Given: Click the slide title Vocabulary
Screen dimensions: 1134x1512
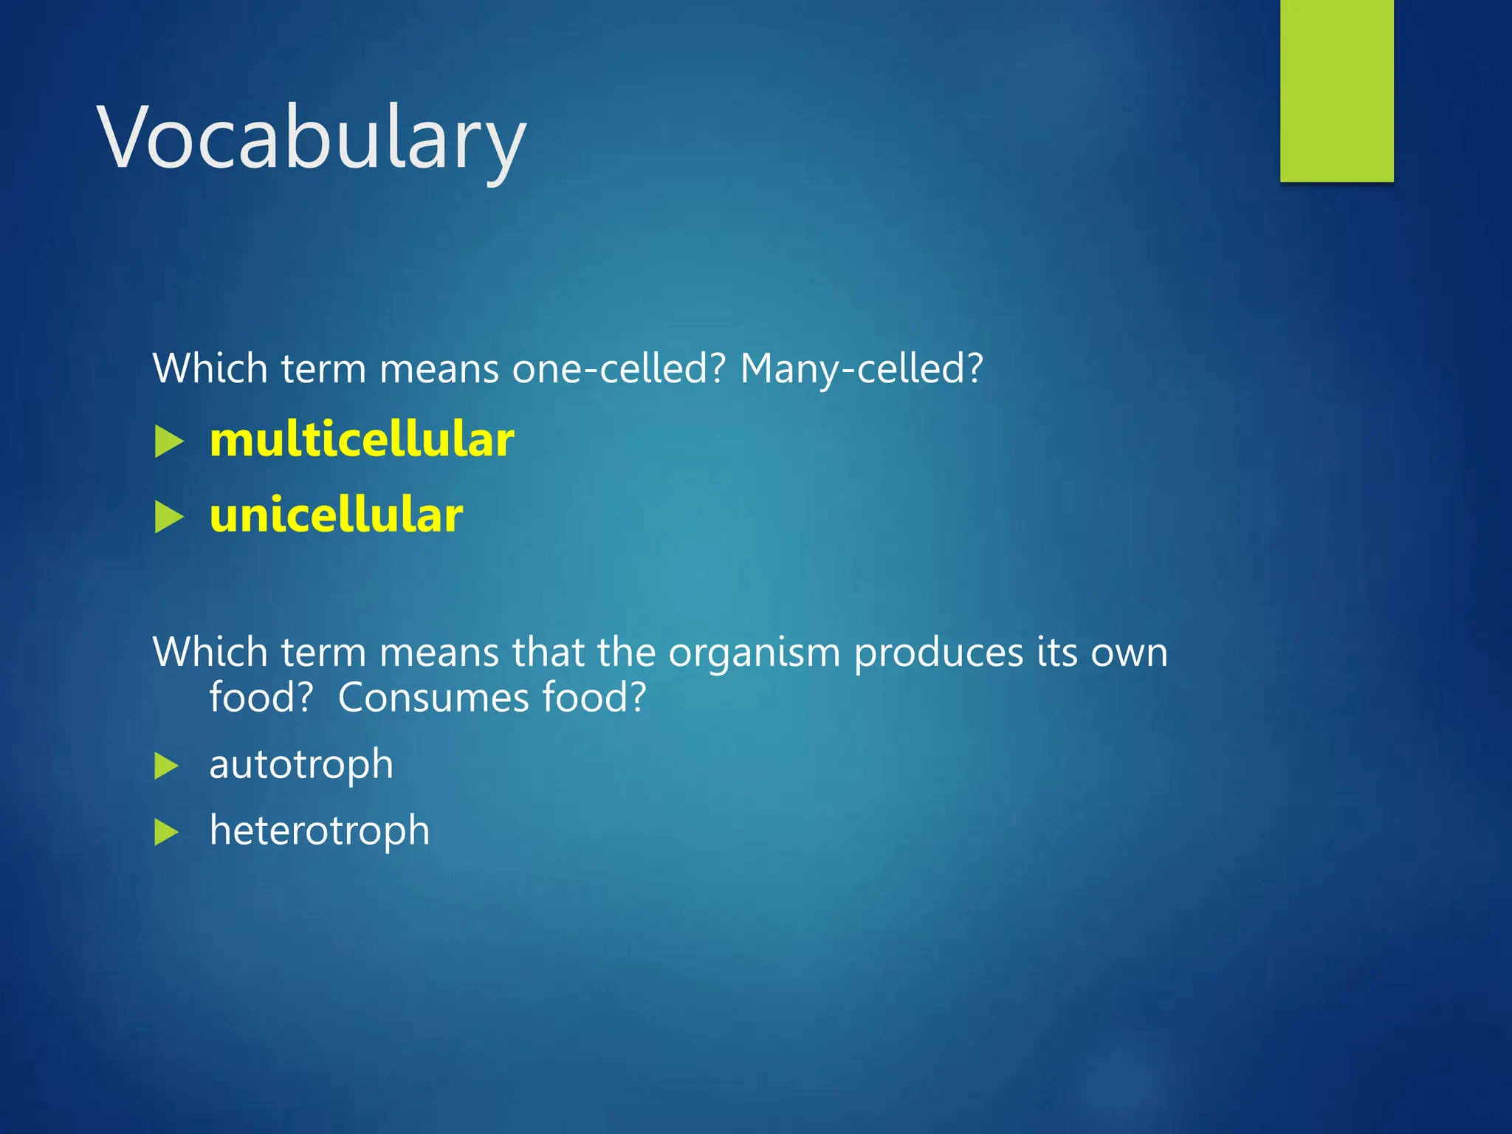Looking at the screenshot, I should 311,138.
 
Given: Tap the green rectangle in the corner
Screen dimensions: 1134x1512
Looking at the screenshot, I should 1336,90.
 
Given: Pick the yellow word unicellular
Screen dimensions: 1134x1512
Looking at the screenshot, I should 336,515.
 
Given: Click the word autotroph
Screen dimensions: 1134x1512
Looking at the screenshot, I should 301,764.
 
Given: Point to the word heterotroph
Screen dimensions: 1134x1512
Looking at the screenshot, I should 319,831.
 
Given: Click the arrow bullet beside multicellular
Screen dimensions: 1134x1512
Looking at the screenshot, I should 169,442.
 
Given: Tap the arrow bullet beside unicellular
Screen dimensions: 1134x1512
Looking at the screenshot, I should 169,518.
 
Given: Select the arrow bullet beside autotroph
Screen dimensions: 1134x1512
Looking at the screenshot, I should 167,766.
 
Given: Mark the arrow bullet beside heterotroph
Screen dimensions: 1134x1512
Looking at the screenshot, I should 167,833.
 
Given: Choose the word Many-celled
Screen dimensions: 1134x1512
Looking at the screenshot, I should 861,368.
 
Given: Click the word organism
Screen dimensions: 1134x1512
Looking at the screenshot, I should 754,653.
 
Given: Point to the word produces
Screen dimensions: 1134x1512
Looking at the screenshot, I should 938,653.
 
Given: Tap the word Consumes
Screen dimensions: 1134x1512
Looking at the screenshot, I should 433,697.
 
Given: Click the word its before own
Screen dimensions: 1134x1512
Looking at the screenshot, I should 1055,652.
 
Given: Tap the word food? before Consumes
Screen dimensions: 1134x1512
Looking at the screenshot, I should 261,697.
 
